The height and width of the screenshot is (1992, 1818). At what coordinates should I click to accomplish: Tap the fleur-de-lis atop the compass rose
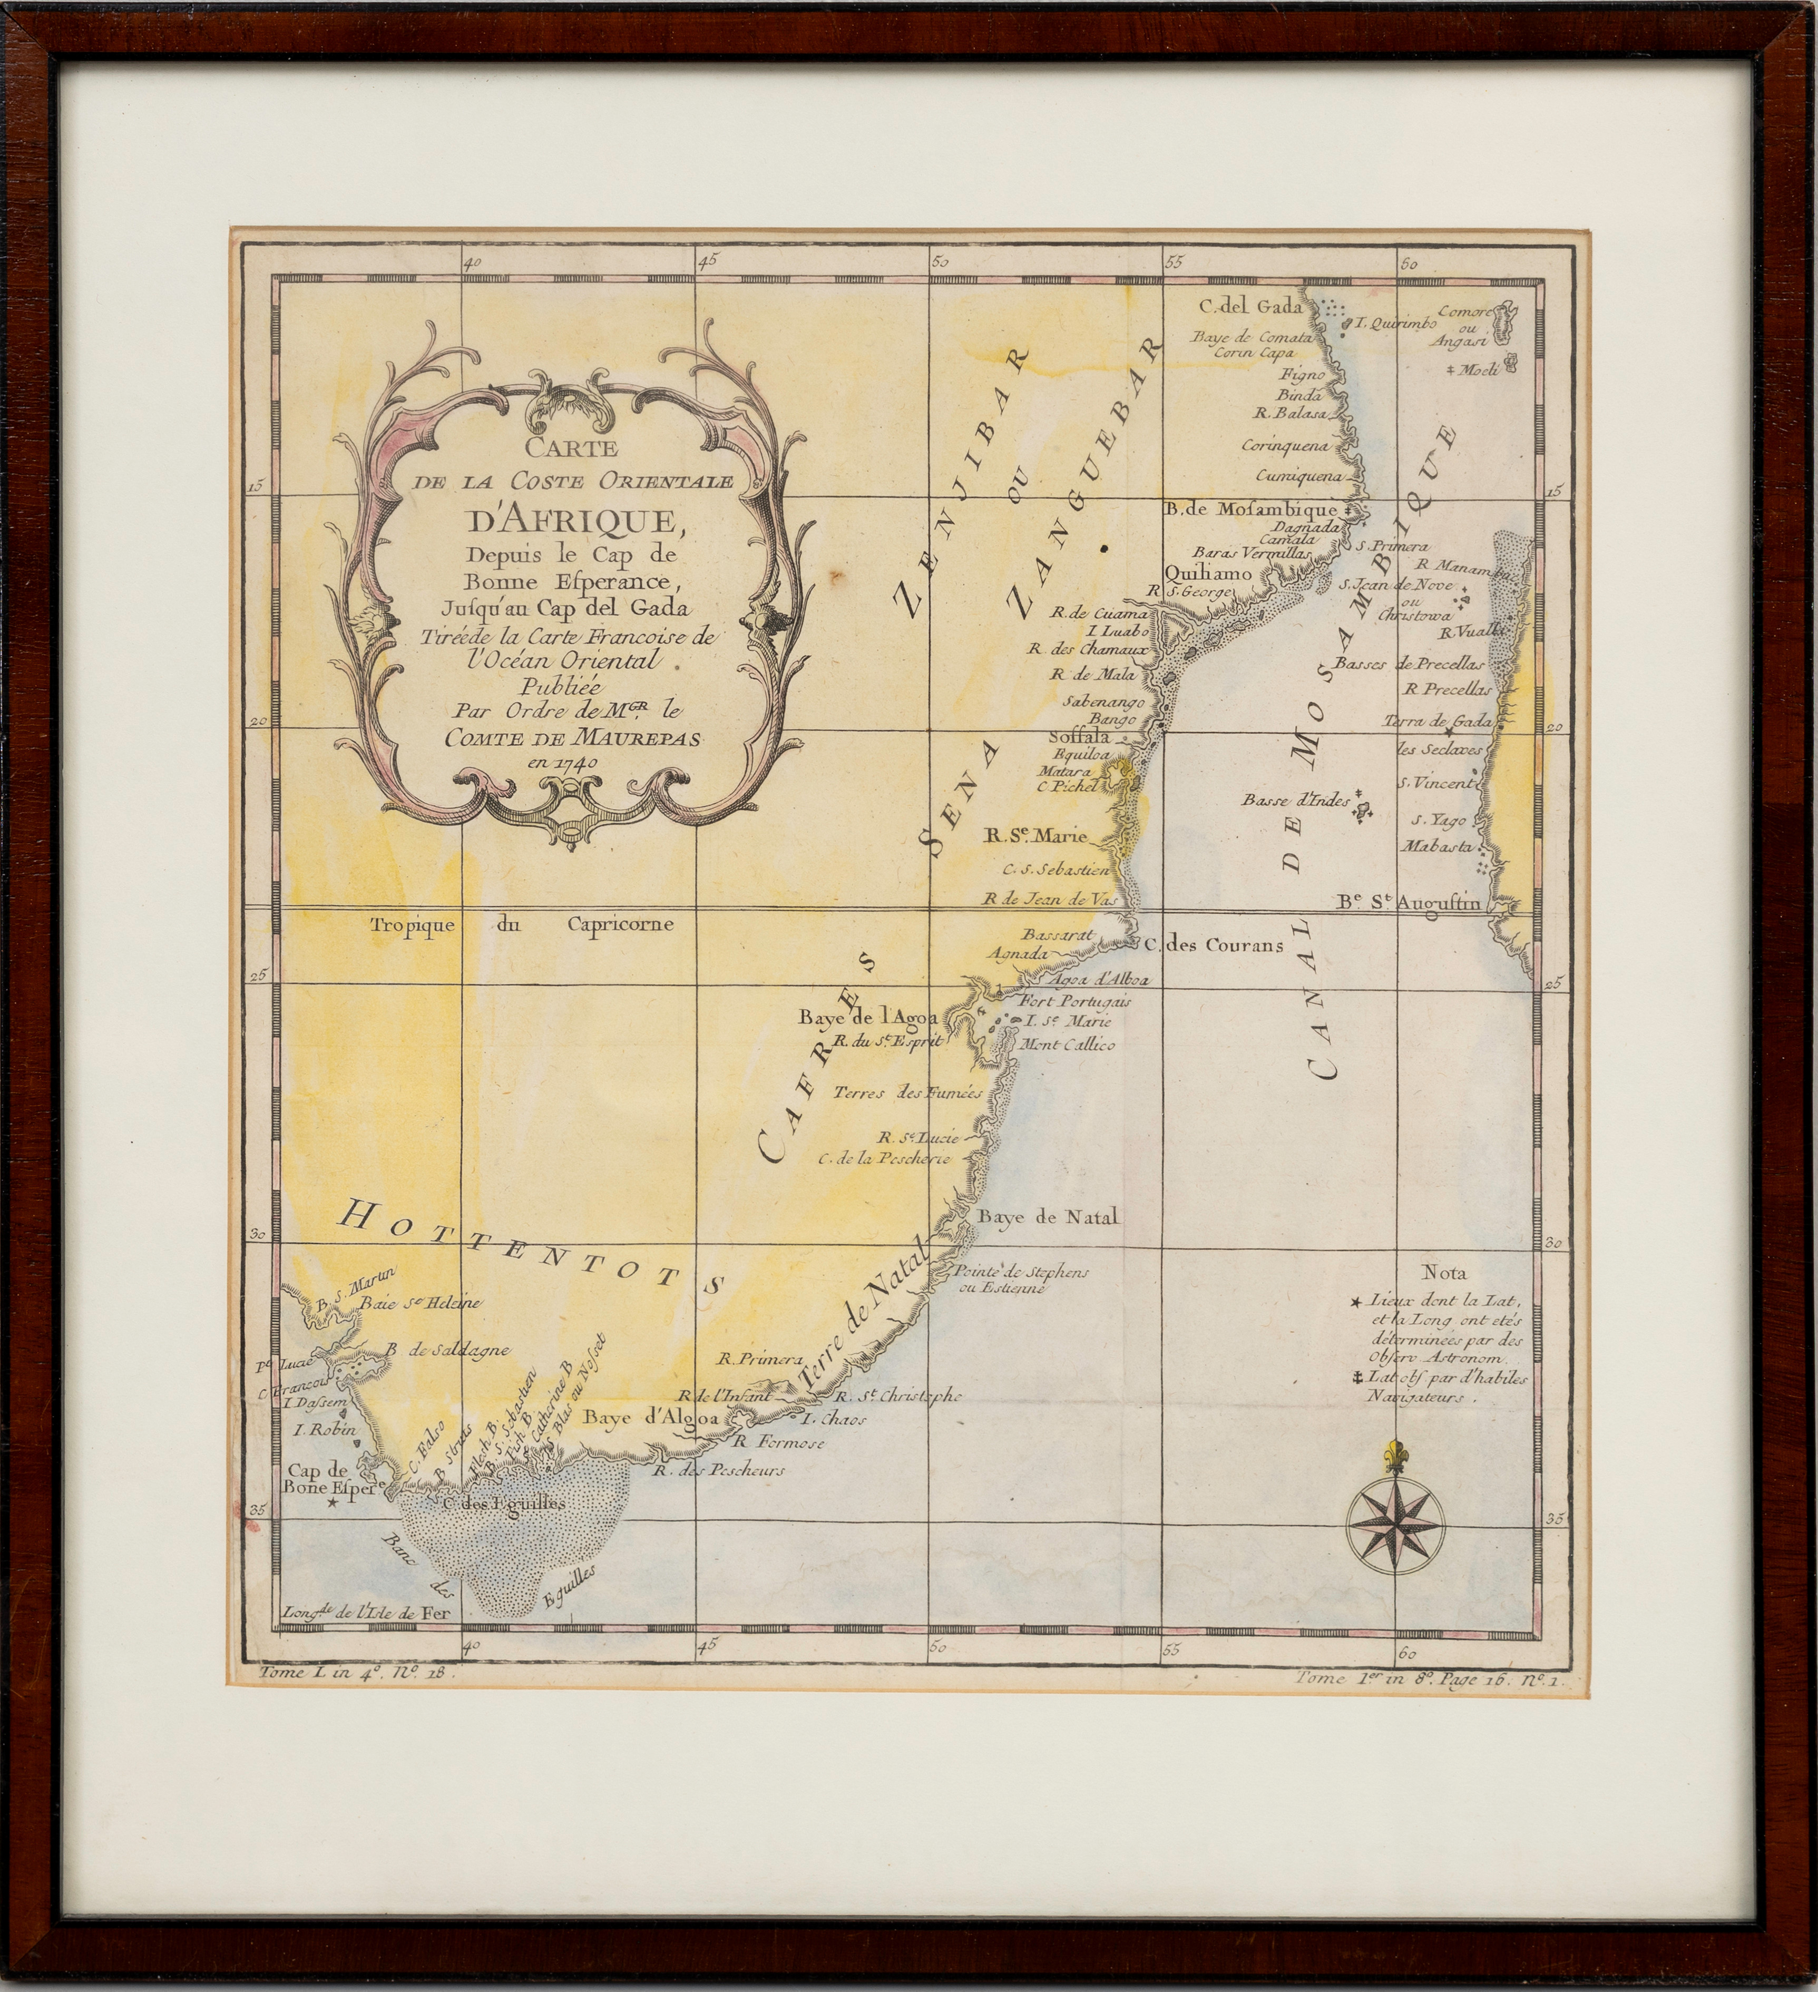[x=1396, y=1456]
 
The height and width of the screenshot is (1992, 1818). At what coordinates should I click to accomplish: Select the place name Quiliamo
[x=1208, y=573]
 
